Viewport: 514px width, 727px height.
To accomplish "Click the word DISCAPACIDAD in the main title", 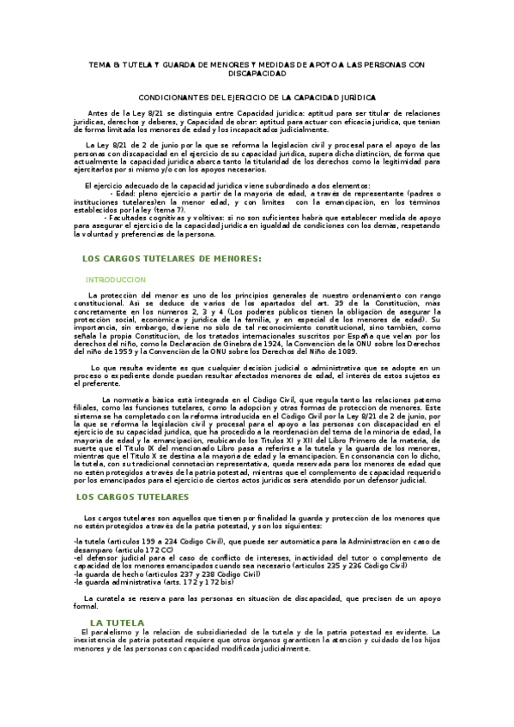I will click(x=257, y=74).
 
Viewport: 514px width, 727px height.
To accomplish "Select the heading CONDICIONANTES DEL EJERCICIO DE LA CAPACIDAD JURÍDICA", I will click(x=257, y=99).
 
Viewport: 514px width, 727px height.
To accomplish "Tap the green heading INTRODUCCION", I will click(x=115, y=279).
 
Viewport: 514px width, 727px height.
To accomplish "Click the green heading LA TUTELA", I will click(x=118, y=622).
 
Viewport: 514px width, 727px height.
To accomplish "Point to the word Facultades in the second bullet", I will click(x=137, y=219).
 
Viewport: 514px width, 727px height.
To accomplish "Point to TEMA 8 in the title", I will click(x=105, y=64).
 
